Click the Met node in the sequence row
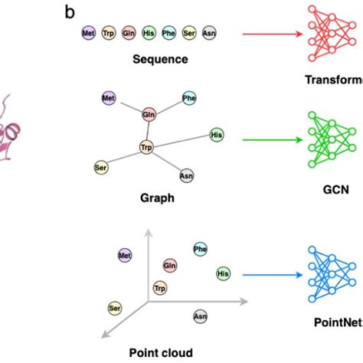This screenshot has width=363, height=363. [90, 34]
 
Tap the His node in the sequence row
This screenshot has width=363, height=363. [148, 34]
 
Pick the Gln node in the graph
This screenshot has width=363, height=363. [149, 114]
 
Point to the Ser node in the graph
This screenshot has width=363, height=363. [100, 166]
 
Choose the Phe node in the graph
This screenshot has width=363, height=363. [189, 98]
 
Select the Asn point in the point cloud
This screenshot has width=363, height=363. [200, 315]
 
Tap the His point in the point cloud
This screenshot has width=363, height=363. [224, 273]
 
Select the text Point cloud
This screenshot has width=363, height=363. [161, 352]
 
